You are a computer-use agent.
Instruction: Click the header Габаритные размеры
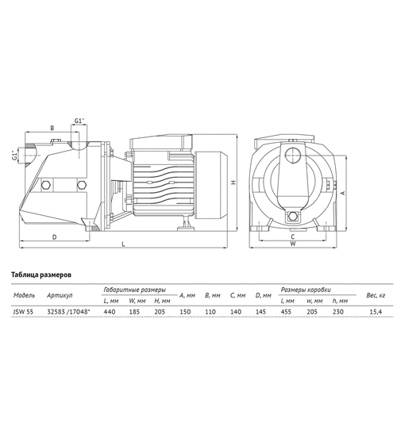click(134, 289)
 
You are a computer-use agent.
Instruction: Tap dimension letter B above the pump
click(52, 127)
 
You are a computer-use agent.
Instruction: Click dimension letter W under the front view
click(293, 244)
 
